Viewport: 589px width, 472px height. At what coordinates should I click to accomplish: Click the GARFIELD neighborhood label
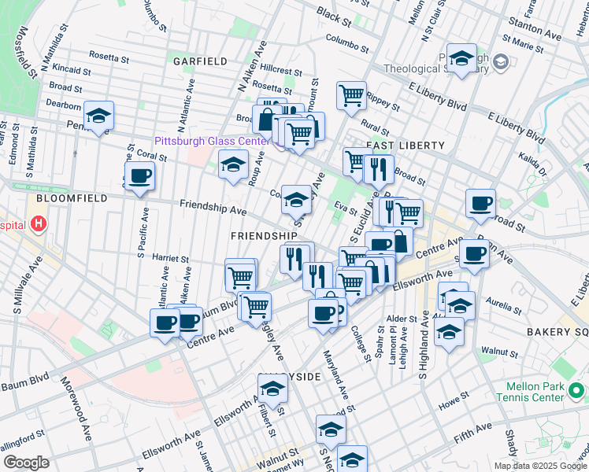(x=201, y=61)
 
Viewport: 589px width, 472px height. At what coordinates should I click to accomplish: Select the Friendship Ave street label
(x=213, y=208)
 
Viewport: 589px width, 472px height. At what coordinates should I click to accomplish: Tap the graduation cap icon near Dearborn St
(x=99, y=116)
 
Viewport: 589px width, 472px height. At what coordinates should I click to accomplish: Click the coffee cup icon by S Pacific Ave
(x=139, y=176)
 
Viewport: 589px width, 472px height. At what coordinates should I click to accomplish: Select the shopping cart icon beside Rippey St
(x=351, y=96)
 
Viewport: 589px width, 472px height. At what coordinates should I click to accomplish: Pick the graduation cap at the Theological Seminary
(x=461, y=58)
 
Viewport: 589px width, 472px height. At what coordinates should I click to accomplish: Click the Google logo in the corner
(x=26, y=463)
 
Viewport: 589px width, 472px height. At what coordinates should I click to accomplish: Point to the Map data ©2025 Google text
(x=539, y=466)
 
